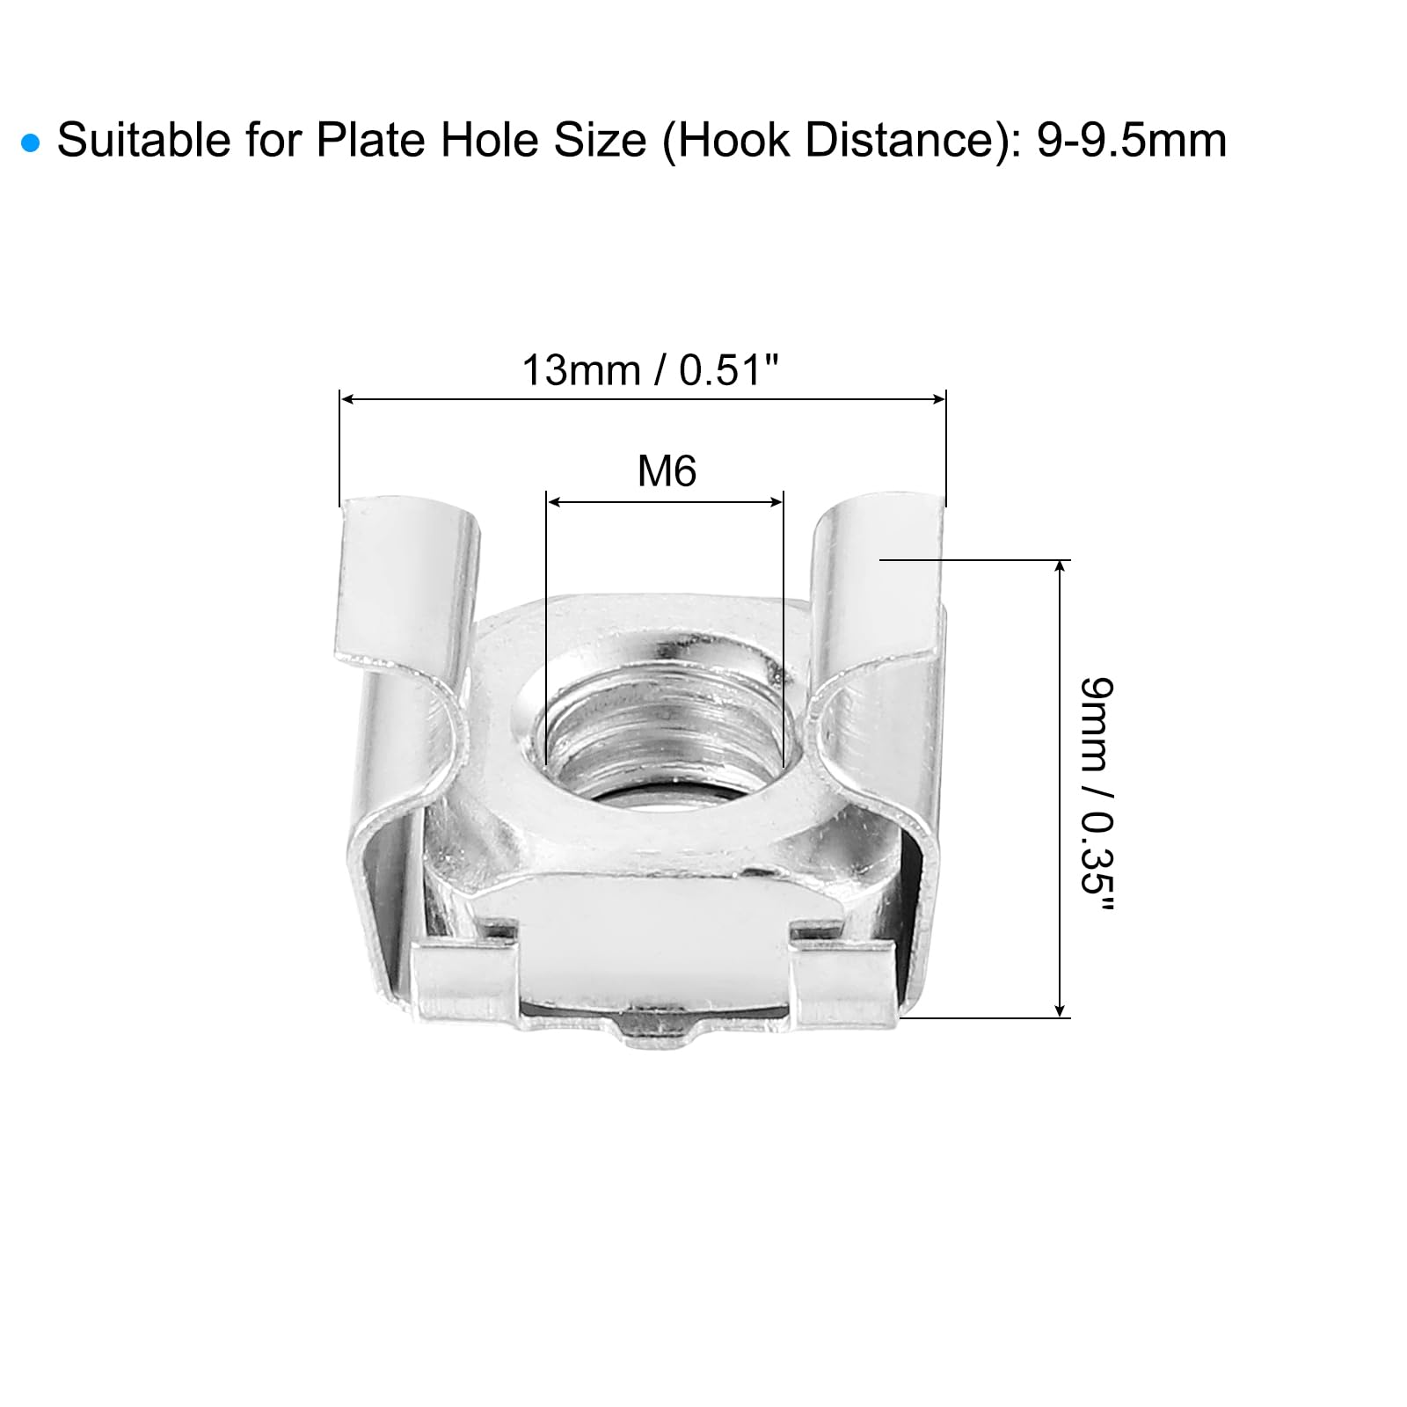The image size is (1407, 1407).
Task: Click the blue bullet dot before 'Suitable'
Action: point(32,143)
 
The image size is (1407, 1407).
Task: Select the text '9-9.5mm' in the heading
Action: point(1132,141)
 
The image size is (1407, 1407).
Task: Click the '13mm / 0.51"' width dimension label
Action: point(652,370)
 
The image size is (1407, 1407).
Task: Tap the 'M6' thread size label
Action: point(667,471)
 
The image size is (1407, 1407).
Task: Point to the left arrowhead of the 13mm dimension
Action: point(346,399)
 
